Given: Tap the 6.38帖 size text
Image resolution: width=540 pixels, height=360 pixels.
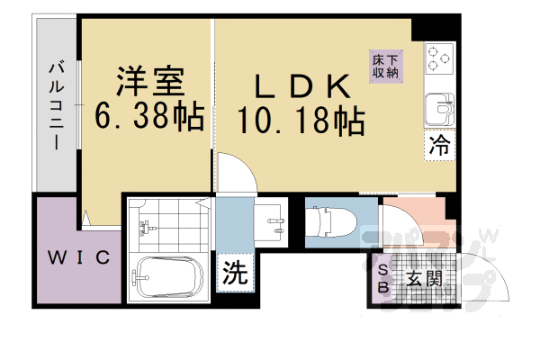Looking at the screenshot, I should [x=149, y=117].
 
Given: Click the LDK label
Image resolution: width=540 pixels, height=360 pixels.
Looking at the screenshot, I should [x=301, y=86].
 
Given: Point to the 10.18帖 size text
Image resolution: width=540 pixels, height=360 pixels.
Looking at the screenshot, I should [x=301, y=120].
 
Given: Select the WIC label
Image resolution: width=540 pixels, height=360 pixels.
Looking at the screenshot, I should [x=78, y=258].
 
